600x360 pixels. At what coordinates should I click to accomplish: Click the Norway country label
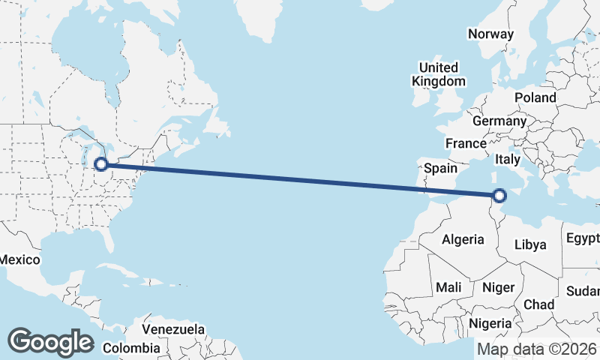[490, 34]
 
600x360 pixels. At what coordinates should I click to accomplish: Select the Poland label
[535, 97]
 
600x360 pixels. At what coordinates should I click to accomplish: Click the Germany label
[499, 121]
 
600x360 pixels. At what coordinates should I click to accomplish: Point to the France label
[466, 143]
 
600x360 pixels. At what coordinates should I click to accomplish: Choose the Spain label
[440, 169]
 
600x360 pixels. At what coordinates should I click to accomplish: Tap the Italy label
[508, 160]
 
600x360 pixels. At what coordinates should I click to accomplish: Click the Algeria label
[463, 240]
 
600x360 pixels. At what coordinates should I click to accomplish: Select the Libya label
[530, 244]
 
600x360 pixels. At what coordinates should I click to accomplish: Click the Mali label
[448, 287]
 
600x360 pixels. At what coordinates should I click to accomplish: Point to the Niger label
[498, 287]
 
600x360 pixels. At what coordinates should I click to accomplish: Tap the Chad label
[538, 304]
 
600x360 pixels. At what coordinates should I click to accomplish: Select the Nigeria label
[490, 323]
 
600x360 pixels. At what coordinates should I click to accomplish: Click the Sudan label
[583, 291]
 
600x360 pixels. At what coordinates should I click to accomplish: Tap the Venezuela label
[173, 329]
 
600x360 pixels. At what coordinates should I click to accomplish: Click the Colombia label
[130, 348]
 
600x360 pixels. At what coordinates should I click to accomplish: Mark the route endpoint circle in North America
[100, 163]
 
